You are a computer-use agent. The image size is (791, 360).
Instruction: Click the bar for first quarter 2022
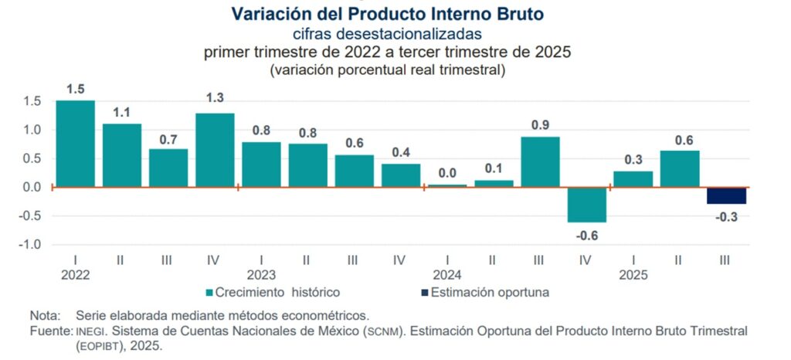(x=75, y=144)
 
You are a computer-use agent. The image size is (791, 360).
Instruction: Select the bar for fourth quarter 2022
(x=215, y=150)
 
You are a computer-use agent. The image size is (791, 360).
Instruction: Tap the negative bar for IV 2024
(x=586, y=204)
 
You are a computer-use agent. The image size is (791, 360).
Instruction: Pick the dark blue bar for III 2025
(x=725, y=195)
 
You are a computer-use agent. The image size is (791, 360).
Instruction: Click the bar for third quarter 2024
(x=540, y=161)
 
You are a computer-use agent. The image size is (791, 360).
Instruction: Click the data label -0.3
(x=725, y=218)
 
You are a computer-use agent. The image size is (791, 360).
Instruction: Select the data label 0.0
(x=447, y=173)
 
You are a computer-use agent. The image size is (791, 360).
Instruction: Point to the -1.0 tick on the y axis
(x=31, y=245)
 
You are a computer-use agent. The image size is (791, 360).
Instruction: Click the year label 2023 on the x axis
(x=261, y=274)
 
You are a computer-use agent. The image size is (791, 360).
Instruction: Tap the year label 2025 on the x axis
(x=633, y=274)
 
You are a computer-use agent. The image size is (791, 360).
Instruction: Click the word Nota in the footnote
(x=43, y=315)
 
